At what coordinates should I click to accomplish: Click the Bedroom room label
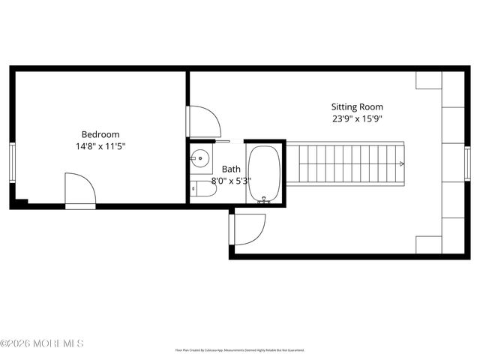pos(100,134)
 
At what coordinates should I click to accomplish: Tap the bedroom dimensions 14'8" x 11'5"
pos(100,146)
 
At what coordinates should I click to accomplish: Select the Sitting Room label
pos(357,106)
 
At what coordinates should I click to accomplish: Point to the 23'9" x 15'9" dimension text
pos(357,118)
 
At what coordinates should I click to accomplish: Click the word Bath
pos(230,169)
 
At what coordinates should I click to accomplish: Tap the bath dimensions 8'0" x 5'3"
pos(230,181)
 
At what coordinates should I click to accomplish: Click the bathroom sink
pos(199,159)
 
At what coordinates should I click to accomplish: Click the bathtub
pos(264,173)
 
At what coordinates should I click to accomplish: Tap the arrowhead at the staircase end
pos(402,163)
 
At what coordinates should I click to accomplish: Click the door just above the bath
pos(203,121)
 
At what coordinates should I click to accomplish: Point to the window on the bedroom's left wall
pos(12,161)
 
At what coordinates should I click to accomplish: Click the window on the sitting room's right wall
pos(467,163)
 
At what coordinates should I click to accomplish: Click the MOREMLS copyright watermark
pos(42,343)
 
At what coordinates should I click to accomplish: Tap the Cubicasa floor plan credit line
pos(240,349)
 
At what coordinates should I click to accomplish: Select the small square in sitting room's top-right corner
pos(429,81)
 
